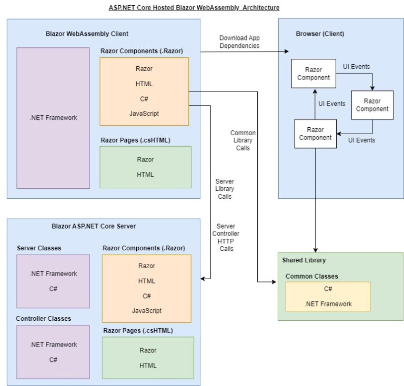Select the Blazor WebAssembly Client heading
click(x=87, y=34)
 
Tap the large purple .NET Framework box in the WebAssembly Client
click(x=53, y=118)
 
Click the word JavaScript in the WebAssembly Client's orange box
click(x=144, y=113)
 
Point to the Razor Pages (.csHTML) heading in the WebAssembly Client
click(x=135, y=140)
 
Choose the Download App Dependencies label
click(x=239, y=42)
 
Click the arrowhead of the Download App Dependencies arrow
click(x=287, y=52)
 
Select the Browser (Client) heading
click(x=320, y=34)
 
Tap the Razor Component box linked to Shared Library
click(x=315, y=134)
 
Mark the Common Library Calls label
click(x=243, y=140)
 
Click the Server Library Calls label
click(x=225, y=189)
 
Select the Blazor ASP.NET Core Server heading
click(x=93, y=226)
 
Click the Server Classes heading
click(x=39, y=248)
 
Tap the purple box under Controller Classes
click(x=53, y=352)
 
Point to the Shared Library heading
click(x=304, y=260)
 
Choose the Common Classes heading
click(x=311, y=276)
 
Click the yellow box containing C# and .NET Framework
click(x=328, y=296)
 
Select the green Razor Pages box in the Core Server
click(x=147, y=358)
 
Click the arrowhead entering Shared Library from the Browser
click(x=315, y=250)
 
